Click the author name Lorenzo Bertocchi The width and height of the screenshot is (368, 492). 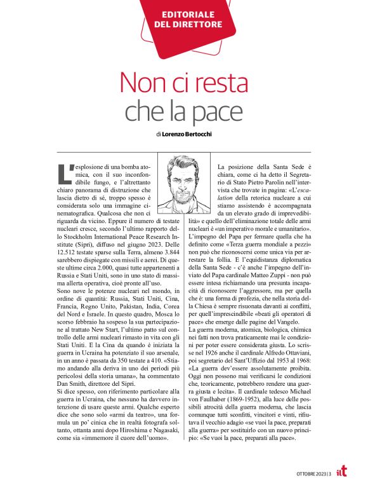tap(190, 135)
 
